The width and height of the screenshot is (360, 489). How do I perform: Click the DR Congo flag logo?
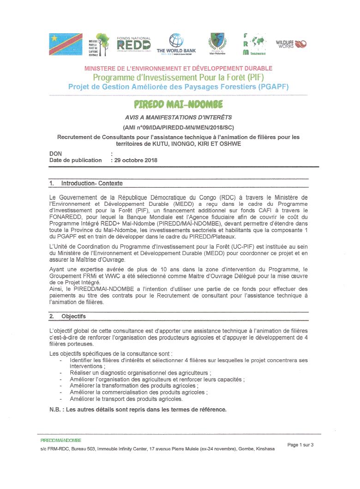click(x=66, y=44)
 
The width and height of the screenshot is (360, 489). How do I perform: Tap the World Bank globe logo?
click(x=176, y=41)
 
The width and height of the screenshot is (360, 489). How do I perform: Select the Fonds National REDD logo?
click(x=133, y=44)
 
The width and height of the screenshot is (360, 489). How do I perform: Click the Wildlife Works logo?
click(x=291, y=44)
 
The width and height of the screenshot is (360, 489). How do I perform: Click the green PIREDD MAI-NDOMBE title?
click(x=179, y=104)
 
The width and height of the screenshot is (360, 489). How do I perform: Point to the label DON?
click(x=55, y=154)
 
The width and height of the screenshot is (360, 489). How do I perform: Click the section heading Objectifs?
click(x=73, y=316)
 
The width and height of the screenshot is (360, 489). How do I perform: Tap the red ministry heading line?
click(x=178, y=68)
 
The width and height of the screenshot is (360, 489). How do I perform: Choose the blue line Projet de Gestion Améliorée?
click(x=178, y=86)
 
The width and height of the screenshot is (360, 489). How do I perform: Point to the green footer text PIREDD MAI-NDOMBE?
click(x=61, y=441)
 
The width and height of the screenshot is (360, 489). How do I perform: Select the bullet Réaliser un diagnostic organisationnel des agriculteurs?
click(x=140, y=373)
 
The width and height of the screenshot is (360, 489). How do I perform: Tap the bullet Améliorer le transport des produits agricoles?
click(x=126, y=399)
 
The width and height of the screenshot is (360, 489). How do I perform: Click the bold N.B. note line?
click(x=138, y=410)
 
